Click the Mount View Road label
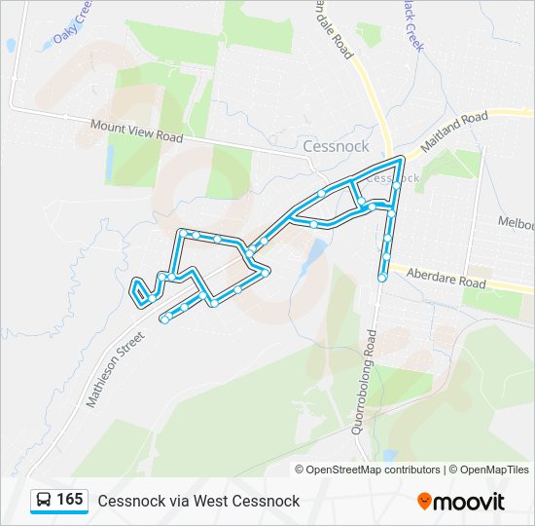136,131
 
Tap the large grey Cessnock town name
336,147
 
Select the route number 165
69,500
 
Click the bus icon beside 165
44,501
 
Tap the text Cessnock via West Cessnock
198,501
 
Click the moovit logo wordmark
469,502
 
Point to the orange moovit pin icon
424,501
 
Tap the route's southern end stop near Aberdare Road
381,279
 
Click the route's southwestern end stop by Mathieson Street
164,319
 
